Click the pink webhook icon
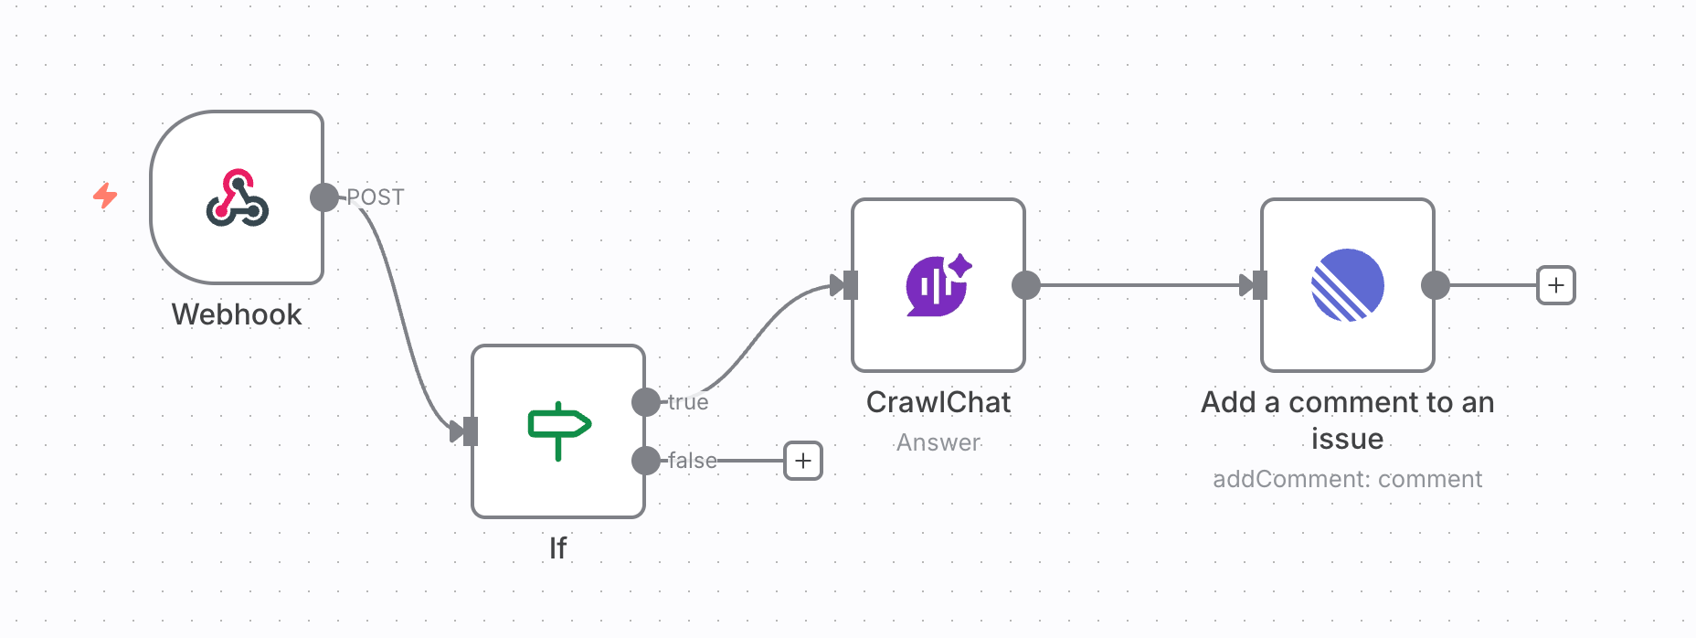(x=237, y=197)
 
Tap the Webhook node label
(x=237, y=314)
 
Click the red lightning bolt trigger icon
(x=105, y=195)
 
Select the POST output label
(x=376, y=197)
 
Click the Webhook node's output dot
(x=323, y=197)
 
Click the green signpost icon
(x=558, y=430)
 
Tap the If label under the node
(x=557, y=548)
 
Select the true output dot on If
(x=646, y=402)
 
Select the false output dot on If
(x=646, y=461)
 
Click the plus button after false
(x=803, y=461)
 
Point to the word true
(x=688, y=402)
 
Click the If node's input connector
(x=470, y=431)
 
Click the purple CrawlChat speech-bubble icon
(x=938, y=285)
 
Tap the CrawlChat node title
(x=938, y=402)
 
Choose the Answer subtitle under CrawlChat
(x=938, y=442)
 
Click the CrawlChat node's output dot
(x=1026, y=285)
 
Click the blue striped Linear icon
(x=1347, y=285)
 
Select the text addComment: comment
(x=1347, y=479)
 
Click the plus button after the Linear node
(x=1555, y=285)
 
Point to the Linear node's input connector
(x=1259, y=285)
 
